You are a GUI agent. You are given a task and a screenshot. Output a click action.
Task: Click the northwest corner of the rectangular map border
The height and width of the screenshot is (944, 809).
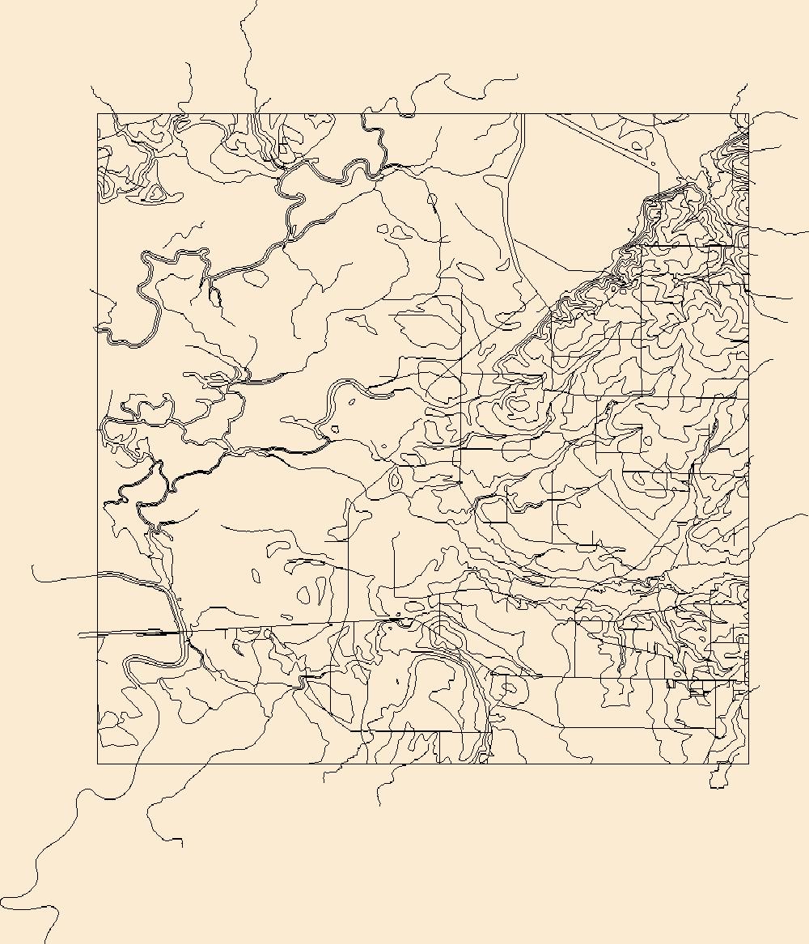pyautogui.click(x=98, y=114)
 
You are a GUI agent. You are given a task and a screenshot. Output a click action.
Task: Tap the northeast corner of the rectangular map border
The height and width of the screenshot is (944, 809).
pyautogui.click(x=748, y=114)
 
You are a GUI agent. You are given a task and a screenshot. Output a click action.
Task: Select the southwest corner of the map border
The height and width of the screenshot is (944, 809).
pyautogui.click(x=98, y=764)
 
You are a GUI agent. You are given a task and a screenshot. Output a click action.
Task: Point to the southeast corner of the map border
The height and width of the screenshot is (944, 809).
pyautogui.click(x=748, y=764)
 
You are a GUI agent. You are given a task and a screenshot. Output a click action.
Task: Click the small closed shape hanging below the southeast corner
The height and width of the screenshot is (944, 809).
pyautogui.click(x=718, y=777)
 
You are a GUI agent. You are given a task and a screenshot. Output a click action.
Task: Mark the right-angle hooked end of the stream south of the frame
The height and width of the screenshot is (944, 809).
pyautogui.click(x=182, y=846)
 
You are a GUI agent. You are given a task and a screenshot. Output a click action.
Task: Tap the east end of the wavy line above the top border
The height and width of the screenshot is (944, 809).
pyautogui.click(x=518, y=78)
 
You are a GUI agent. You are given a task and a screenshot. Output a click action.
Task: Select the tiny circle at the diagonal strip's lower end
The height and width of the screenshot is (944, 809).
pyautogui.click(x=654, y=165)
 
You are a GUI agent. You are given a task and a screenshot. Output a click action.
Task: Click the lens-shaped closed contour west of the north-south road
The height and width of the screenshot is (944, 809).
pyautogui.click(x=470, y=269)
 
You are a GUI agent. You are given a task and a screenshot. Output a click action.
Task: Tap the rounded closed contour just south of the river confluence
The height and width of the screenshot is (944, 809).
pyautogui.click(x=255, y=277)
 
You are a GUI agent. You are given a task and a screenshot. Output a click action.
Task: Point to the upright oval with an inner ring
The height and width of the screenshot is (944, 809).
pyautogui.click(x=396, y=480)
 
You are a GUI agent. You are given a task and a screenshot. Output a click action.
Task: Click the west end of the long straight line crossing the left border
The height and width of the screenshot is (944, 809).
pyautogui.click(x=78, y=636)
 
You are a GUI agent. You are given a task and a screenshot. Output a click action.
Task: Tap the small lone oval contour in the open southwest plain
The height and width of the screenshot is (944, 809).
pyautogui.click(x=256, y=576)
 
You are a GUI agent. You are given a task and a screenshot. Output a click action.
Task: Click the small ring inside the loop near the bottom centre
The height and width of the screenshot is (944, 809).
pyautogui.click(x=508, y=688)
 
